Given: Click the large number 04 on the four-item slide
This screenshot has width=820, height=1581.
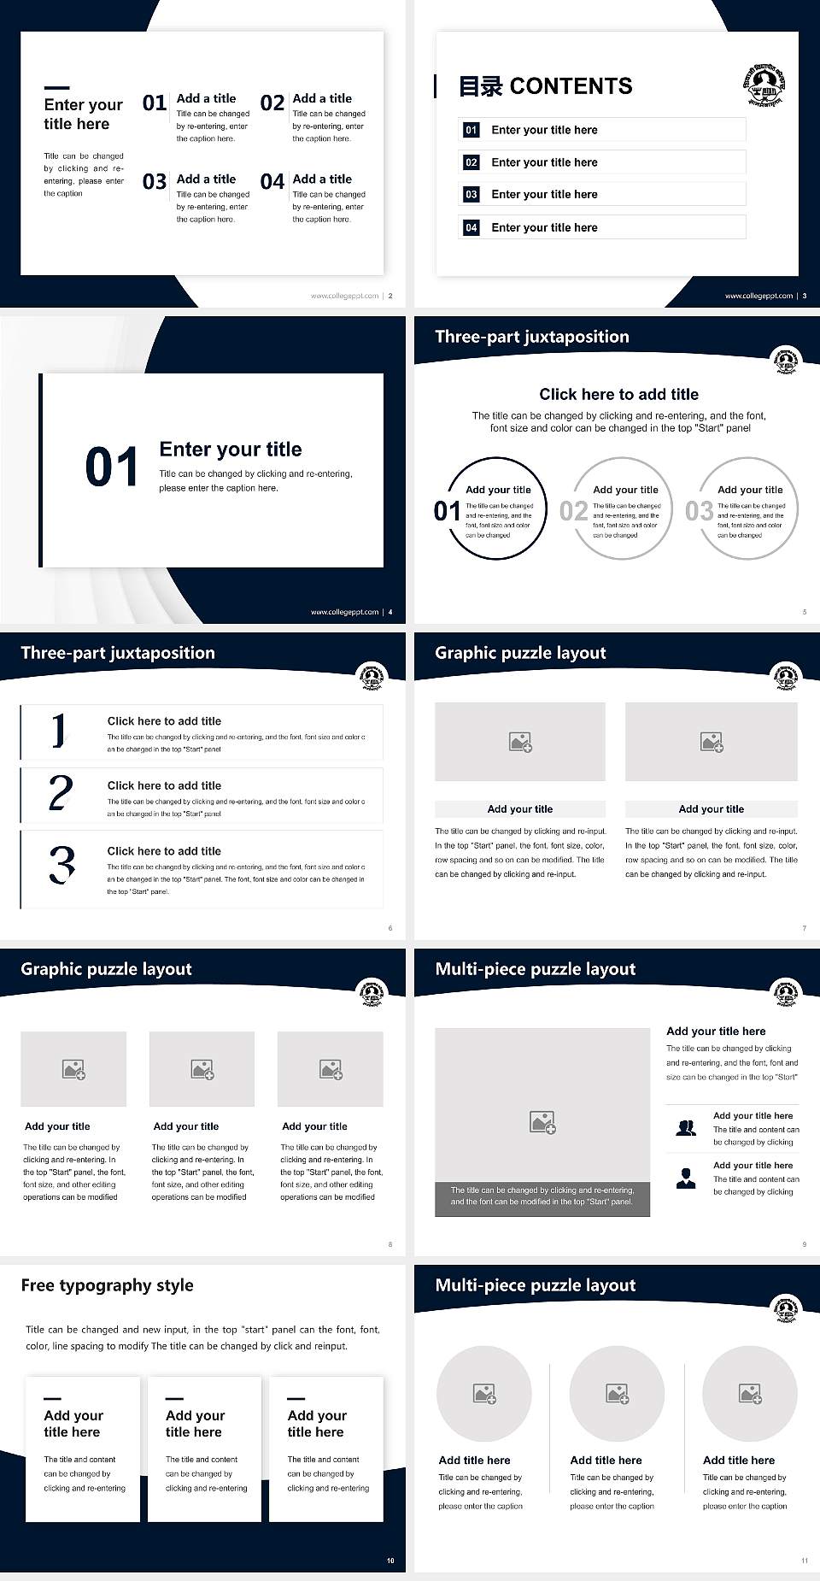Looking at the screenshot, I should coord(272,182).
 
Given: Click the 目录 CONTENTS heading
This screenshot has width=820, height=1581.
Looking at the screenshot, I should coord(546,86).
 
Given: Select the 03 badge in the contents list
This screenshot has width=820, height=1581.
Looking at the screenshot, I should coord(471,195).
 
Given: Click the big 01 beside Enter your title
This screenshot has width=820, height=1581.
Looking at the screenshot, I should coord(112,467).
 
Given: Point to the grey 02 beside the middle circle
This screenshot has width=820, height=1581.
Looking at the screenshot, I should coord(573,511).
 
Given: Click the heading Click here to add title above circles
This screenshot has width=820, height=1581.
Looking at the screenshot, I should coord(618,394).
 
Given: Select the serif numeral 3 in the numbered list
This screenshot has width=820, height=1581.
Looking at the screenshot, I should coord(61,865).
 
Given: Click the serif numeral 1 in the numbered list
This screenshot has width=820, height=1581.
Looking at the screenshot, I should coord(58,732).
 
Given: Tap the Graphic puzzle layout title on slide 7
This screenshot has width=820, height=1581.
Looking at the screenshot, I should coord(520,653).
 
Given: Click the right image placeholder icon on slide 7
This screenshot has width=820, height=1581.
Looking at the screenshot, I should coord(712,742).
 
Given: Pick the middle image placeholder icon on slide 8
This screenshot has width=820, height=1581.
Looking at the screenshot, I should coord(202,1069).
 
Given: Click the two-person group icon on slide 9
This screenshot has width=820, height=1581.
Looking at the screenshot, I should coord(685,1128).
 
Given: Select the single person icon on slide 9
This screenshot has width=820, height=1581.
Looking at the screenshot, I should coord(685,1178).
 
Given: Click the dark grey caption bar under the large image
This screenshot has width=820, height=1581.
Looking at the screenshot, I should coord(542,1196).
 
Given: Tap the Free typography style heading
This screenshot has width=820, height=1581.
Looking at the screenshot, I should coord(107,1285).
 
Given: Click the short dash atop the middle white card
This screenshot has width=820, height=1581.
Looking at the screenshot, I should coord(174,1399).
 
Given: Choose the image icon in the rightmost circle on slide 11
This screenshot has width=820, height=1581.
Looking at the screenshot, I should coord(750,1394).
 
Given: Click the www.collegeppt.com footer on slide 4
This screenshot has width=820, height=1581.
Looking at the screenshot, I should coord(344,612).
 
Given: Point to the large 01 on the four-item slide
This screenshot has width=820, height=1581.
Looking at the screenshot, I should coord(155,103).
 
